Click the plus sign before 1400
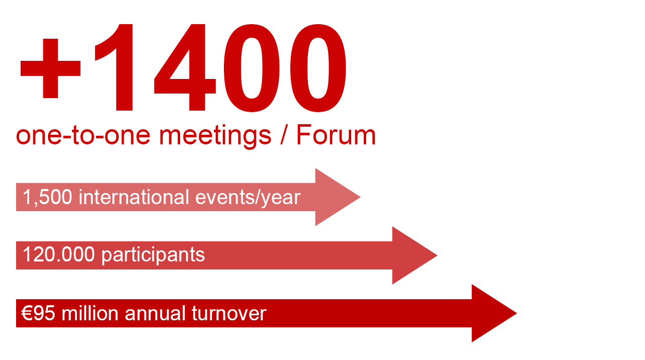tap(50, 68)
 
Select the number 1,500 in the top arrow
tap(48, 197)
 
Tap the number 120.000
tap(58, 255)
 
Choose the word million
tap(91, 313)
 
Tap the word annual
tap(155, 313)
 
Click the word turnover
tap(229, 313)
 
